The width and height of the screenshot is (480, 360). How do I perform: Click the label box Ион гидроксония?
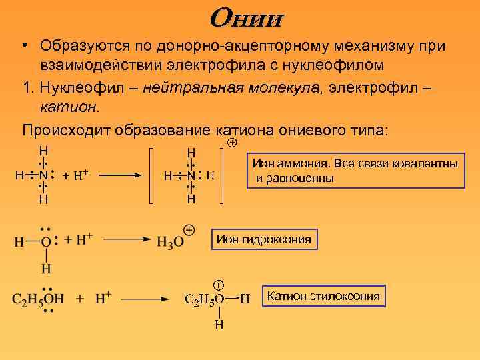coord(263,239)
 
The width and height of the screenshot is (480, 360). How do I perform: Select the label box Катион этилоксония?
coord(323,296)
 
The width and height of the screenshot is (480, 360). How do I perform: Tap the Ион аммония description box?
coord(354,171)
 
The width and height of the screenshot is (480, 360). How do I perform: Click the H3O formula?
coord(170,242)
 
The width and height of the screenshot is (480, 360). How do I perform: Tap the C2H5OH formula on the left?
coord(38,298)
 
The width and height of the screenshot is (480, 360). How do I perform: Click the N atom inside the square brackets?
coord(191,176)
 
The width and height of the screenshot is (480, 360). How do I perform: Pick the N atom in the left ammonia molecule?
coord(43,175)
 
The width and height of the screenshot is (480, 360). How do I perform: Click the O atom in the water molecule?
coord(45,241)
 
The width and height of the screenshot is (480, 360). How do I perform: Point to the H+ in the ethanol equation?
coord(103,298)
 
